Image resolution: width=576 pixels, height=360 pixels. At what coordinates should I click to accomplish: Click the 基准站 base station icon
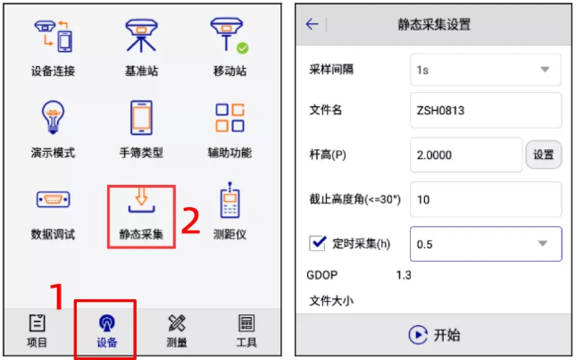point(141,36)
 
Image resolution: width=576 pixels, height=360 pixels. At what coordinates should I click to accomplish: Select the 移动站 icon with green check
point(229,36)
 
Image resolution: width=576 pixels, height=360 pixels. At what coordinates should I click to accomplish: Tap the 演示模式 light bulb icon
point(52,118)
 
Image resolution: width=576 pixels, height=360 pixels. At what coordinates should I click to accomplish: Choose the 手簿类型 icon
point(141,118)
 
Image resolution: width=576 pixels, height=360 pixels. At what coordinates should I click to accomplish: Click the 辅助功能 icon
point(229,118)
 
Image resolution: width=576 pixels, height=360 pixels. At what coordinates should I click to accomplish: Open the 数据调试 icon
point(52,200)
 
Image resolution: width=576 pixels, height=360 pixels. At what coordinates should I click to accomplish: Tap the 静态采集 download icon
point(141,202)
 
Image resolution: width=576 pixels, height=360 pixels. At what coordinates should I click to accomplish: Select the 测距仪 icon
point(229,202)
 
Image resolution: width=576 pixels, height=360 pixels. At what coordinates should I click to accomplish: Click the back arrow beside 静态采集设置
point(312,24)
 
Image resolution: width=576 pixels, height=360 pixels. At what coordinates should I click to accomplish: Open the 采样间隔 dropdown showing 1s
point(485,70)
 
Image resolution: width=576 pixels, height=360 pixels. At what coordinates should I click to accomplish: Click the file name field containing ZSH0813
point(485,110)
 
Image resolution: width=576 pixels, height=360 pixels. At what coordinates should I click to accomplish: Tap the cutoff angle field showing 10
point(485,199)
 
